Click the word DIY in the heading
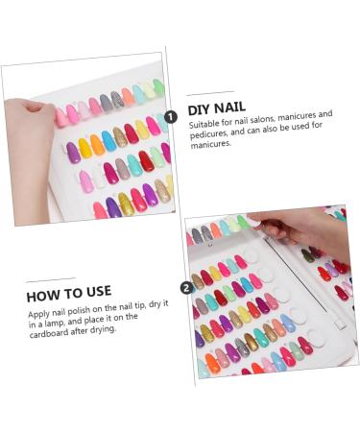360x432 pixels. tap(198, 109)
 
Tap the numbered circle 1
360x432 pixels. tap(171, 117)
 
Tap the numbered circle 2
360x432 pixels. tap(186, 288)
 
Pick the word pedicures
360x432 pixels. tap(208, 133)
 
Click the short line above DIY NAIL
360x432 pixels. tap(210, 93)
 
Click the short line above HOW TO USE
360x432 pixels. tap(51, 280)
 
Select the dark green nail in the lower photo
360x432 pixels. tap(307, 255)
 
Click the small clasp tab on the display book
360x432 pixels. tap(340, 325)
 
